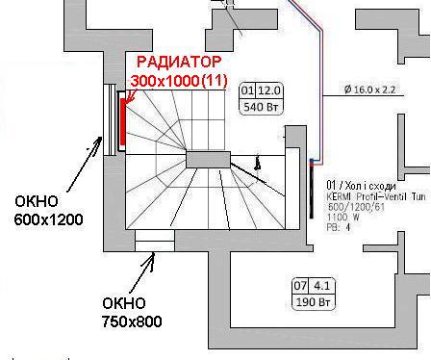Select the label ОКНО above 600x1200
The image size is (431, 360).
(37, 202)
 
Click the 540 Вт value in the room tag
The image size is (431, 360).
(260, 107)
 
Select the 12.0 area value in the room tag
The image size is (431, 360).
(266, 90)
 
